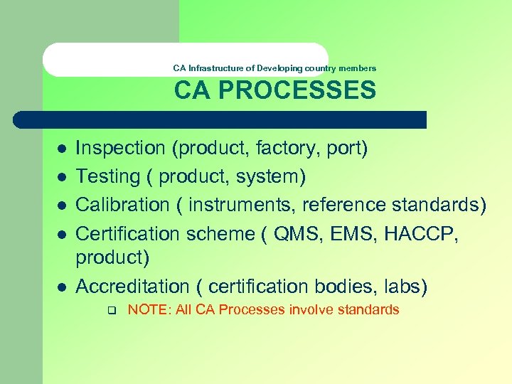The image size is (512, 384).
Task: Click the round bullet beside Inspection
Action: point(62,149)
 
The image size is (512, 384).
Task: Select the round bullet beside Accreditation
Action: point(62,287)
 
